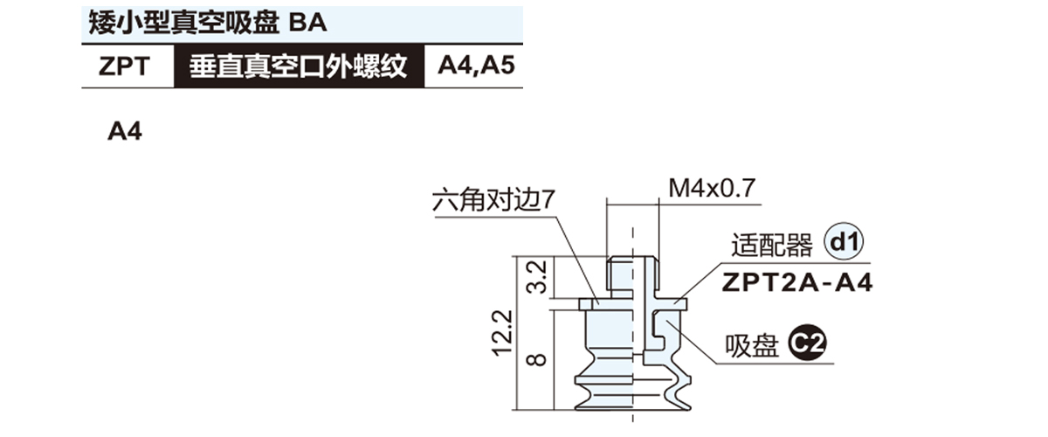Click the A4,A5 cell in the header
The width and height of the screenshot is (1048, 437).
click(473, 67)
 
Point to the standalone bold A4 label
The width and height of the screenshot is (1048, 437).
click(124, 133)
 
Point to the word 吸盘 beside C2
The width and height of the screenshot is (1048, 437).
click(752, 348)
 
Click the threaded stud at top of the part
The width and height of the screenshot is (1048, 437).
click(631, 273)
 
